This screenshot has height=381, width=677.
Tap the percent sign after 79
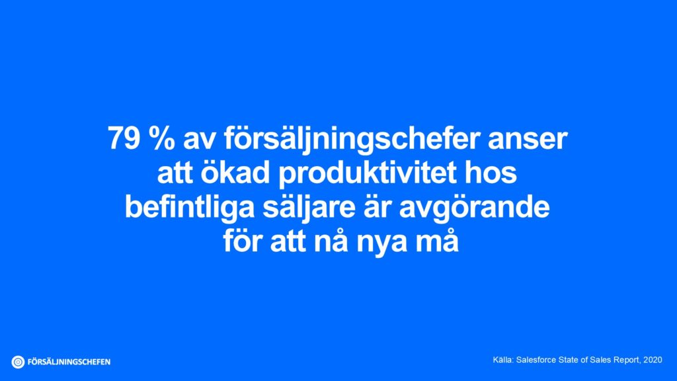156,140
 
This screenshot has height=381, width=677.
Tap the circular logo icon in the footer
18,362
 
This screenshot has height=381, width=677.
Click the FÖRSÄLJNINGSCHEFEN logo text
69,362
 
